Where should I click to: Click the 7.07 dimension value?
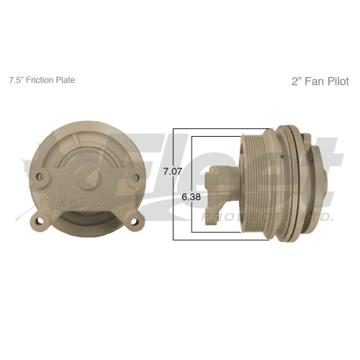click(x=171, y=171)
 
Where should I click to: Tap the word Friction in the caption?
click(x=42, y=80)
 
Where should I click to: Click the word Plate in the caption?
click(x=66, y=80)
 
